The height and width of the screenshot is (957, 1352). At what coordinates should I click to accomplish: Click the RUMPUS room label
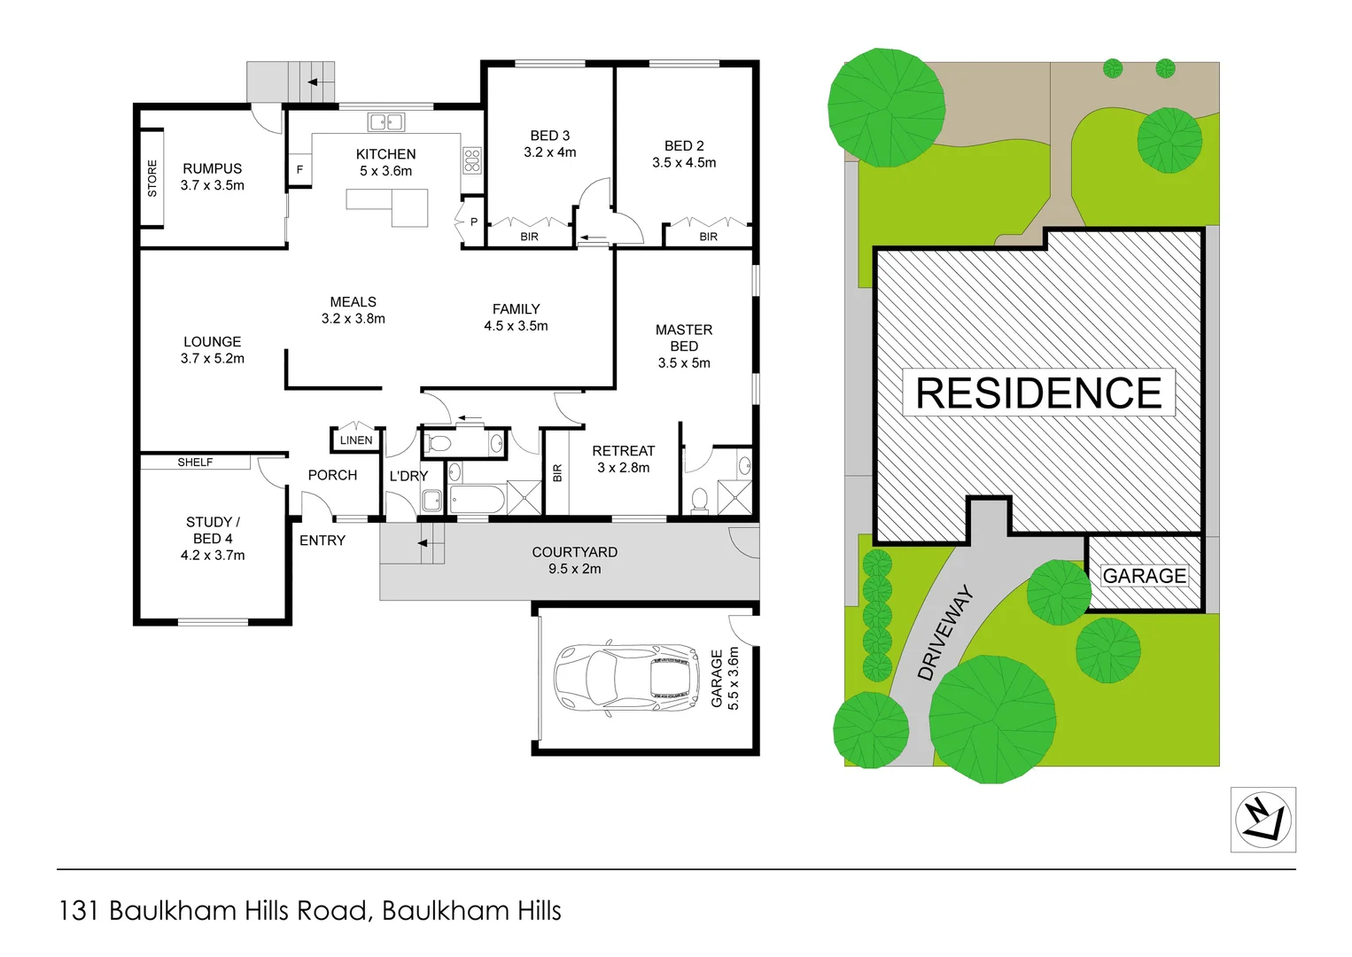[x=213, y=168]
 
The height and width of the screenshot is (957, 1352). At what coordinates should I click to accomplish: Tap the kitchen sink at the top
[x=386, y=122]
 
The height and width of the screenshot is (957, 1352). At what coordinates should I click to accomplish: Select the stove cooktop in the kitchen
[x=472, y=160]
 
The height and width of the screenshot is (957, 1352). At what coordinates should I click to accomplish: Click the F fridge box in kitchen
[x=299, y=169]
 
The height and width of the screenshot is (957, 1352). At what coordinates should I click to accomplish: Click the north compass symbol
[x=1263, y=820]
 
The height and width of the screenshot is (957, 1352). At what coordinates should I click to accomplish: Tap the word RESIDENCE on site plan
[x=1038, y=393]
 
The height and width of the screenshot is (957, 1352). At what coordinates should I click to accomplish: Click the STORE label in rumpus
[x=152, y=178]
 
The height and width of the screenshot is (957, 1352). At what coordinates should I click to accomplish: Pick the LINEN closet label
[x=356, y=440]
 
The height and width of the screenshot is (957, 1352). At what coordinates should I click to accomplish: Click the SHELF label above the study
[x=195, y=463]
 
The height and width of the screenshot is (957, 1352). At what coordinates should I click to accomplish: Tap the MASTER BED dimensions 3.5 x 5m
[x=684, y=363]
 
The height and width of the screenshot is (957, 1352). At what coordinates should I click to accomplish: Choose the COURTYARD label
[x=575, y=552]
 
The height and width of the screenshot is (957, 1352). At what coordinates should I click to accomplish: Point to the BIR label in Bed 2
[x=709, y=237]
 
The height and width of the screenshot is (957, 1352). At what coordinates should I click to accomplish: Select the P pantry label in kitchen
[x=474, y=222]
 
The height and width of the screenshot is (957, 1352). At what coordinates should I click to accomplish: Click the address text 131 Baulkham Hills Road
[x=309, y=911]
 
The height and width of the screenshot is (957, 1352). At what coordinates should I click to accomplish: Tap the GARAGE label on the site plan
[x=1144, y=576]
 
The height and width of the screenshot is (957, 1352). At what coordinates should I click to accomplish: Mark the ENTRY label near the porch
[x=322, y=541]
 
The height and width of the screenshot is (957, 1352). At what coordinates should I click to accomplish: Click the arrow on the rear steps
[x=314, y=82]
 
